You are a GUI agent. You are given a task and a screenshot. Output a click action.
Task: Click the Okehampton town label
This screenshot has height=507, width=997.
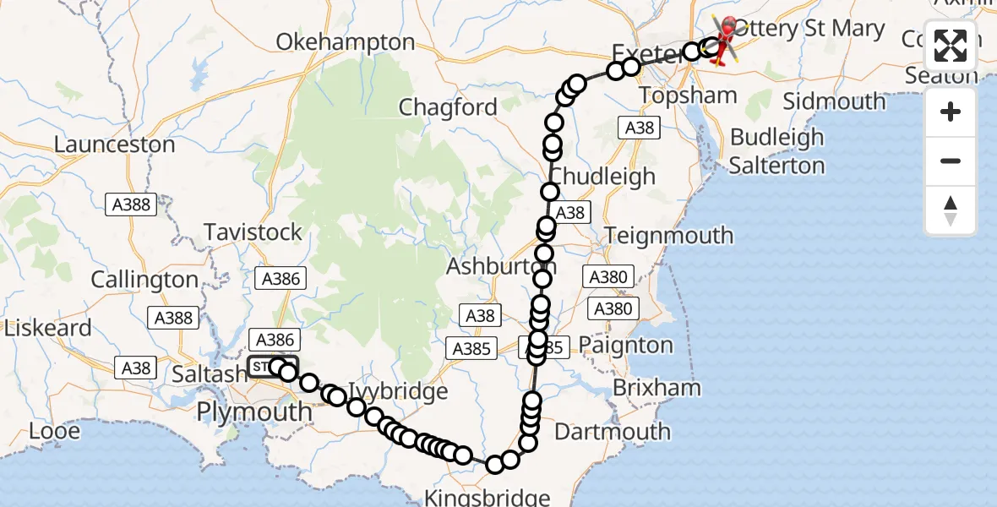coord(346,42)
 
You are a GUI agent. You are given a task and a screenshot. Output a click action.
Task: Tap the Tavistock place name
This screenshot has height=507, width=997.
coord(253,232)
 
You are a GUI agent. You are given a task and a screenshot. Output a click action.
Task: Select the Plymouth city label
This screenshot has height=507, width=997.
coord(253,412)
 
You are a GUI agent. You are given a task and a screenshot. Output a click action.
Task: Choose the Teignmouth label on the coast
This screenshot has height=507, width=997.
coord(669,235)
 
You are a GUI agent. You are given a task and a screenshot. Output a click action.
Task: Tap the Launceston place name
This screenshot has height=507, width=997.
coord(114,144)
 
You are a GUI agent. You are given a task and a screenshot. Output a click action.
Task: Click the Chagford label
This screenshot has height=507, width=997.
coord(448,107)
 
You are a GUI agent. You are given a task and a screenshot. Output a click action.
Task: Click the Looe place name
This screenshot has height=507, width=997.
coord(54,431)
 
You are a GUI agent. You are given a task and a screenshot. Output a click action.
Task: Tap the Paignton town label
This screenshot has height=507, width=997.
coord(626,346)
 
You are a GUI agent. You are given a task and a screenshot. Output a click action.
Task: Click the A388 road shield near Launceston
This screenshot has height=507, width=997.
coord(130,204)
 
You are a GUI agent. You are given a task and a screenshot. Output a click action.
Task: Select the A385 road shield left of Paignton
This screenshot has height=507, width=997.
coord(472,348)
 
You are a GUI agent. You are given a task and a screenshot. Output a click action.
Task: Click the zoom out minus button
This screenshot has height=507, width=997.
coord(951,161)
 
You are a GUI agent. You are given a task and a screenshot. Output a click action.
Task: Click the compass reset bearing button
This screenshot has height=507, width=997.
coord(951,210)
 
